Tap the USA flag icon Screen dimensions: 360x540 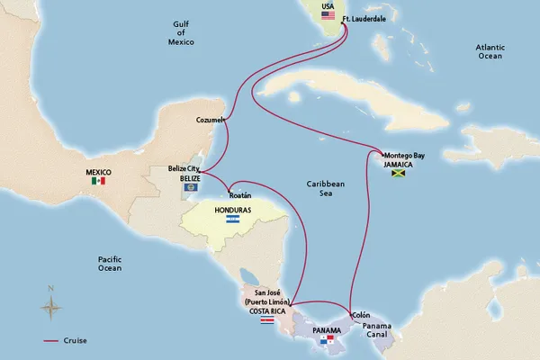[328, 15]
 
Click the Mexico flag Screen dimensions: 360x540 [99, 181]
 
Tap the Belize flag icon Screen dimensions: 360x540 [190, 188]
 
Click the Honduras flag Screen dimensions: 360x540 [232, 220]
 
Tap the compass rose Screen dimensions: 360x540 [51, 306]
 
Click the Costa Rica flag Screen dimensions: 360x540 [266, 319]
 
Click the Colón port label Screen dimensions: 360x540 [361, 315]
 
